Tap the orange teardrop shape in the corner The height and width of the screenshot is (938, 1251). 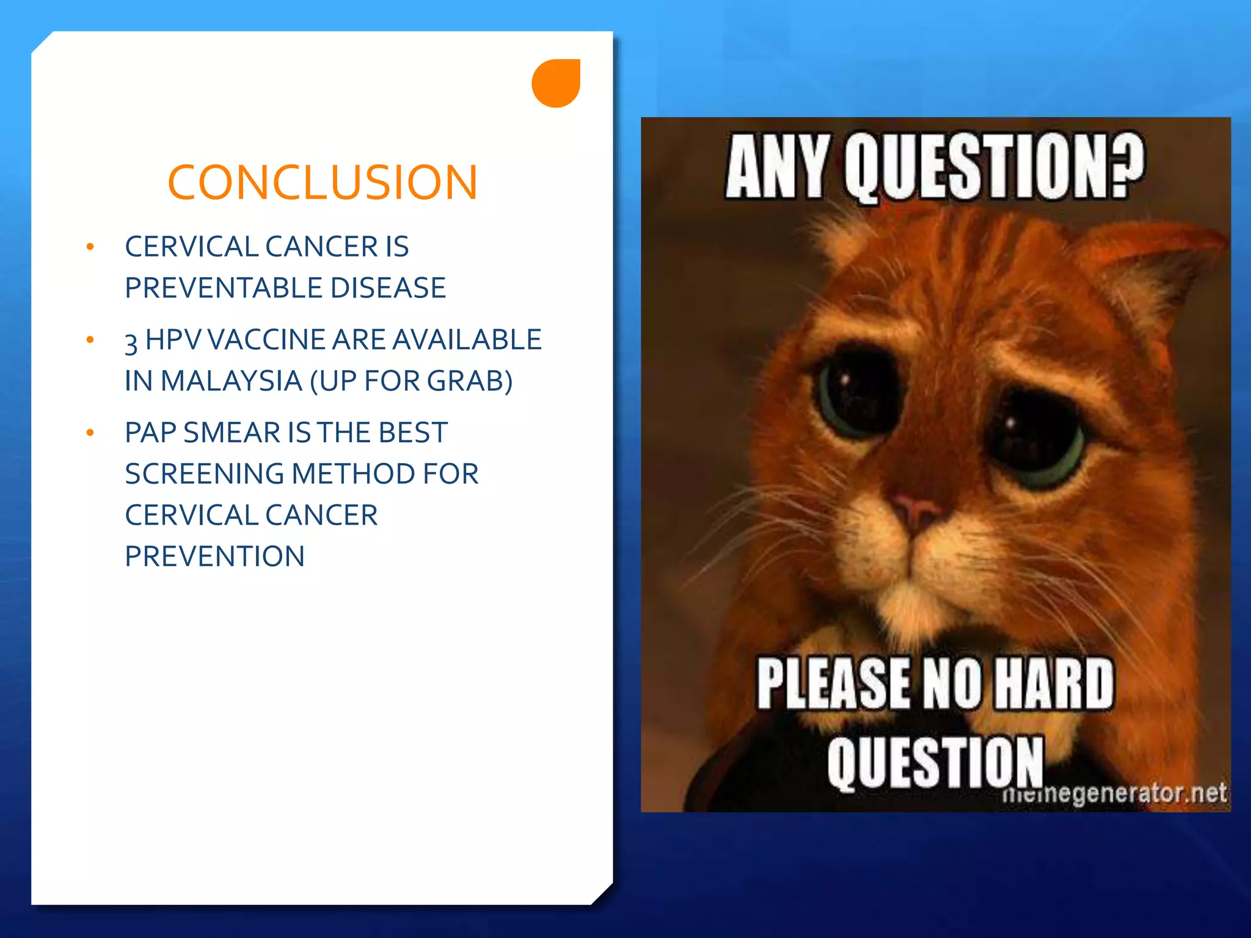coord(556,84)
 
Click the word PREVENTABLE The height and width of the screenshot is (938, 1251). coord(224,288)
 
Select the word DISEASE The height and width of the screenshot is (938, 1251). coord(388,288)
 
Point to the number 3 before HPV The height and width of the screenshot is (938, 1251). coord(131,342)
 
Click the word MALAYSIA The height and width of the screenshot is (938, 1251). coord(232,381)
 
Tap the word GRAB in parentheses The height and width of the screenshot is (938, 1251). coord(465,381)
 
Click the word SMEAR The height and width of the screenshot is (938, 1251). coord(232,432)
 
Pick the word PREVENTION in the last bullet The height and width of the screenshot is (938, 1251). coord(214,556)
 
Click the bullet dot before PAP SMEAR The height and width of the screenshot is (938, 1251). coord(90,433)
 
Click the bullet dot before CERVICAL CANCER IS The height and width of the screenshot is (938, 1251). coord(90,247)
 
